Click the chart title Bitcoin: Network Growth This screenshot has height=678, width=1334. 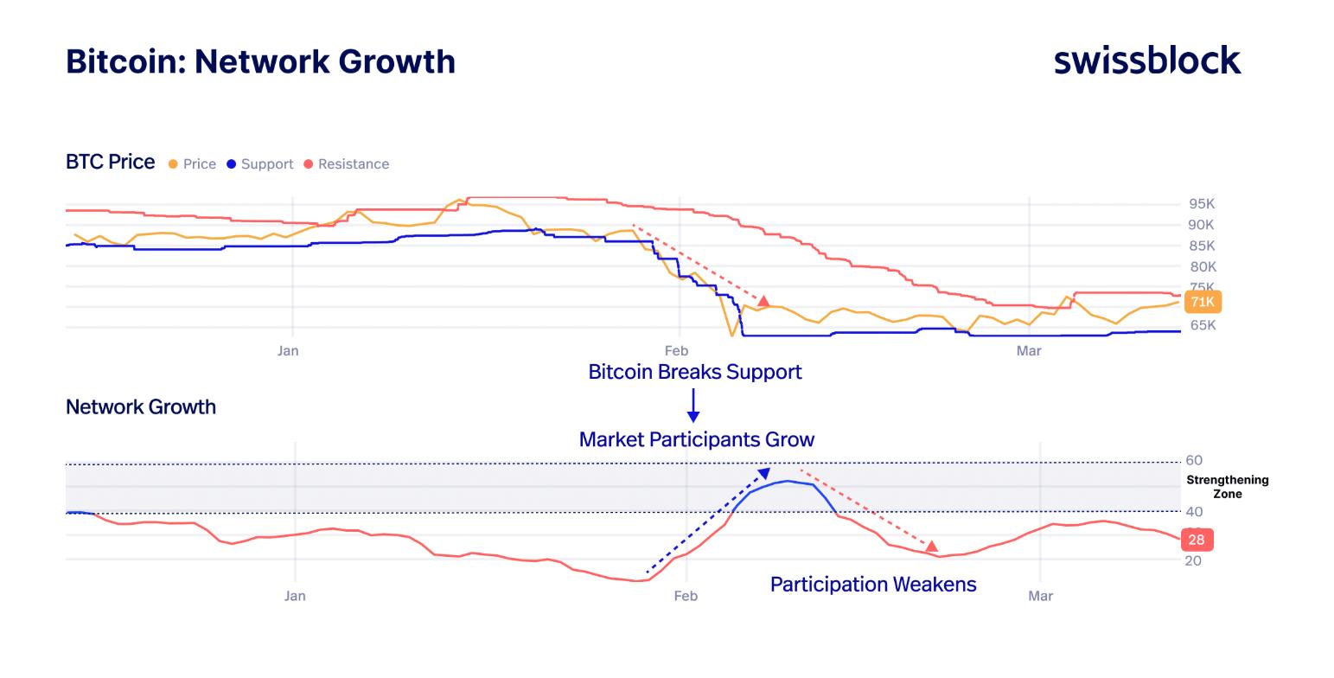coord(260,61)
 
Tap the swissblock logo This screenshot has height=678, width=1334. coord(1147,61)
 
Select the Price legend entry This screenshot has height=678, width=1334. coord(193,164)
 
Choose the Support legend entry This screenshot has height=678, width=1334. coord(260,164)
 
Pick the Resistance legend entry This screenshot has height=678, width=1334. coord(347,164)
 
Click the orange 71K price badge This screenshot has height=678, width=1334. coord(1203,302)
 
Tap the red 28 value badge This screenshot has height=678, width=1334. coord(1196,540)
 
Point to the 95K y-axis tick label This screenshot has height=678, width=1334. coord(1202,204)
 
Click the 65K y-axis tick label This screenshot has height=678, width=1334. coord(1202,325)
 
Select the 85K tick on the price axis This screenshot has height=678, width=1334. coord(1202,246)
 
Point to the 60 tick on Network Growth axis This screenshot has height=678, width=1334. coord(1194,460)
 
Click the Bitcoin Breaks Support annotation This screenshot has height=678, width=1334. coord(694,372)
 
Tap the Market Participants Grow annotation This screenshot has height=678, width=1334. coord(696,439)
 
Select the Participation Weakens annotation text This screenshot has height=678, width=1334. coord(873,585)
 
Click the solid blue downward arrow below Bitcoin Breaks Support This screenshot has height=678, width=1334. coord(693,406)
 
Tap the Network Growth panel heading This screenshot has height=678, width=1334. coord(141,406)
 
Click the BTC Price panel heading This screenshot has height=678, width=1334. coord(110,163)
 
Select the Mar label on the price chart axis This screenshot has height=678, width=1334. coord(1029,350)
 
